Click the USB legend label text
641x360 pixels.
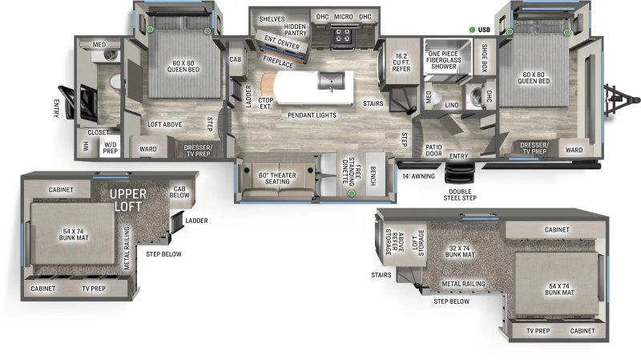[x=484, y=30]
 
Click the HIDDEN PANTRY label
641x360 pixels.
[x=295, y=30]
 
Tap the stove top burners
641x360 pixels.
[x=343, y=34]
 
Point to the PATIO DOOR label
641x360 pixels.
[x=434, y=150]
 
